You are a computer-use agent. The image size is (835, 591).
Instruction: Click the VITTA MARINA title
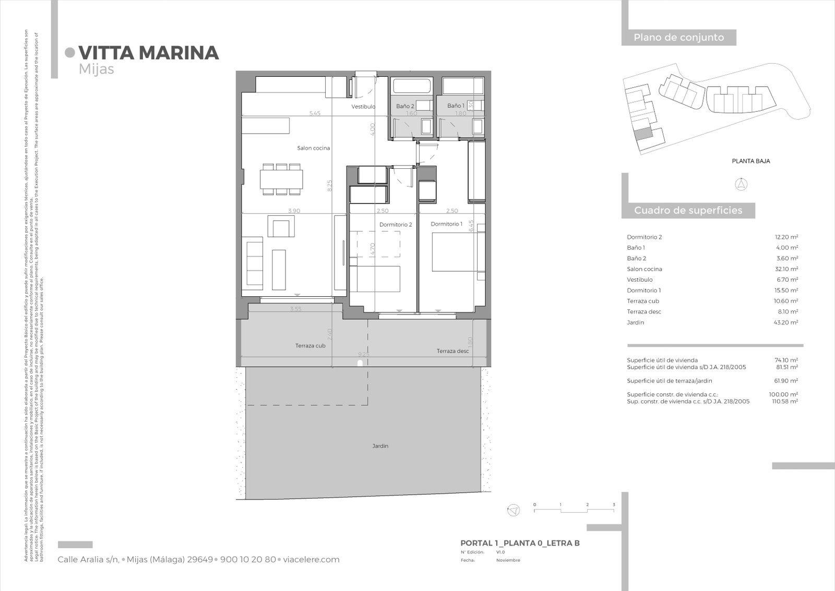148,53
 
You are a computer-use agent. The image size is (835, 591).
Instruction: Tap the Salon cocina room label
314,148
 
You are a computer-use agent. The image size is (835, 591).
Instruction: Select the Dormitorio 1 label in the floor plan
446,224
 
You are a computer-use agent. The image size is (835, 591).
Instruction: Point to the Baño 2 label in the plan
404,106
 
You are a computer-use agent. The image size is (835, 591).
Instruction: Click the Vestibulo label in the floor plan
363,107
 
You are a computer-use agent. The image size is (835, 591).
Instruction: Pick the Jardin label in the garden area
380,446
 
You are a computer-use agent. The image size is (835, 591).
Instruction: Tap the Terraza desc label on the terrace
452,351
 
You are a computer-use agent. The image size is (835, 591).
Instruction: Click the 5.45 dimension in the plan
315,113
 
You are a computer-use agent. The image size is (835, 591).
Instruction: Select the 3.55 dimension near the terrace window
295,309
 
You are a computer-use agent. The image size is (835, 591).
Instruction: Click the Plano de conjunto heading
678,38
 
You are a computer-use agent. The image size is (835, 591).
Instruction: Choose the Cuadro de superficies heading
688,211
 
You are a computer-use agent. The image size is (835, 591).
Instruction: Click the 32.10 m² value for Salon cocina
786,269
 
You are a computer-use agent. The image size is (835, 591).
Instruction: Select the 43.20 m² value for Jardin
786,322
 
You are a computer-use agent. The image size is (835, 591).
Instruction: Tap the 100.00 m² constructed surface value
785,395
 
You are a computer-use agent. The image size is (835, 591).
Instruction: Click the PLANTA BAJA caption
750,161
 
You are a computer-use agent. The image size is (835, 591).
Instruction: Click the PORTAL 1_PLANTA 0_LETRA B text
520,543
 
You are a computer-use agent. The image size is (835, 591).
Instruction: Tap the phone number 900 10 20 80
248,560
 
